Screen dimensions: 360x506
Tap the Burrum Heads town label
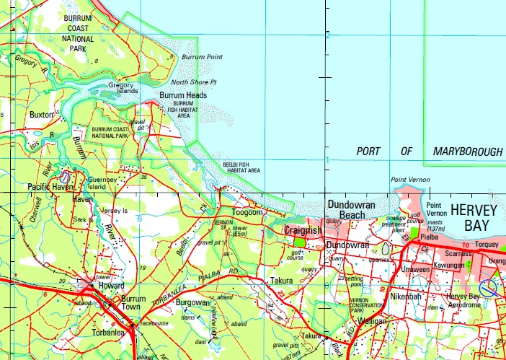[x=183, y=95]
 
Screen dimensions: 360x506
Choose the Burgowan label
[x=193, y=303]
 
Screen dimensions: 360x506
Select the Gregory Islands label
[x=122, y=88]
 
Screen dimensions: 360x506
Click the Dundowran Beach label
[x=351, y=210]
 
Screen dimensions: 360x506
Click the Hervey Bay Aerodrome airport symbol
[x=489, y=288]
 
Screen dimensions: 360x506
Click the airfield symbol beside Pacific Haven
[x=65, y=175]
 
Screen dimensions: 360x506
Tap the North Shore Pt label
[x=193, y=82]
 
